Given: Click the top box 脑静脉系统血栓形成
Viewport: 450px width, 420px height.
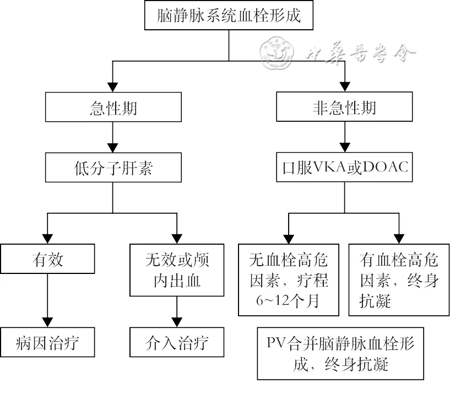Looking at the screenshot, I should (x=229, y=16).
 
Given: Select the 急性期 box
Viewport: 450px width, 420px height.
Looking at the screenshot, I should (x=113, y=107).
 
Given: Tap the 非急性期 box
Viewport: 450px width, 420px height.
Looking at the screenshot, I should (x=344, y=107).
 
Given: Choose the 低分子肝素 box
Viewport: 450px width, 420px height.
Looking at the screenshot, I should (x=113, y=167).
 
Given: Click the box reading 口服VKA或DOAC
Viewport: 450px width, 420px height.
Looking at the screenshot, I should (x=344, y=167).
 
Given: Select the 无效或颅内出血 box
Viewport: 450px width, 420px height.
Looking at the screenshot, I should (x=176, y=270).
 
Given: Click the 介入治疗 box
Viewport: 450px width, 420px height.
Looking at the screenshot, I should (x=176, y=344).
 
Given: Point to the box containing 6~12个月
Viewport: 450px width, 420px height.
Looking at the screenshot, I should (x=290, y=280).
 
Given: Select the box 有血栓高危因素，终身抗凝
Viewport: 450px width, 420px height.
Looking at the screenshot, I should (x=399, y=280).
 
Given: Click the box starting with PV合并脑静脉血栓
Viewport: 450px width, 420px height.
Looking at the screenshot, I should (x=340, y=354).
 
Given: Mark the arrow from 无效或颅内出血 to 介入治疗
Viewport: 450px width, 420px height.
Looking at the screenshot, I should (x=176, y=311).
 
